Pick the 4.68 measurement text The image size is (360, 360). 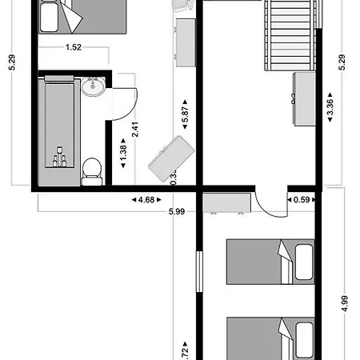[143, 200]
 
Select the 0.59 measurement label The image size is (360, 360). [301, 200]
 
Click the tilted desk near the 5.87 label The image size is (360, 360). [170, 157]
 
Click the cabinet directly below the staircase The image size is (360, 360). [305, 98]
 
